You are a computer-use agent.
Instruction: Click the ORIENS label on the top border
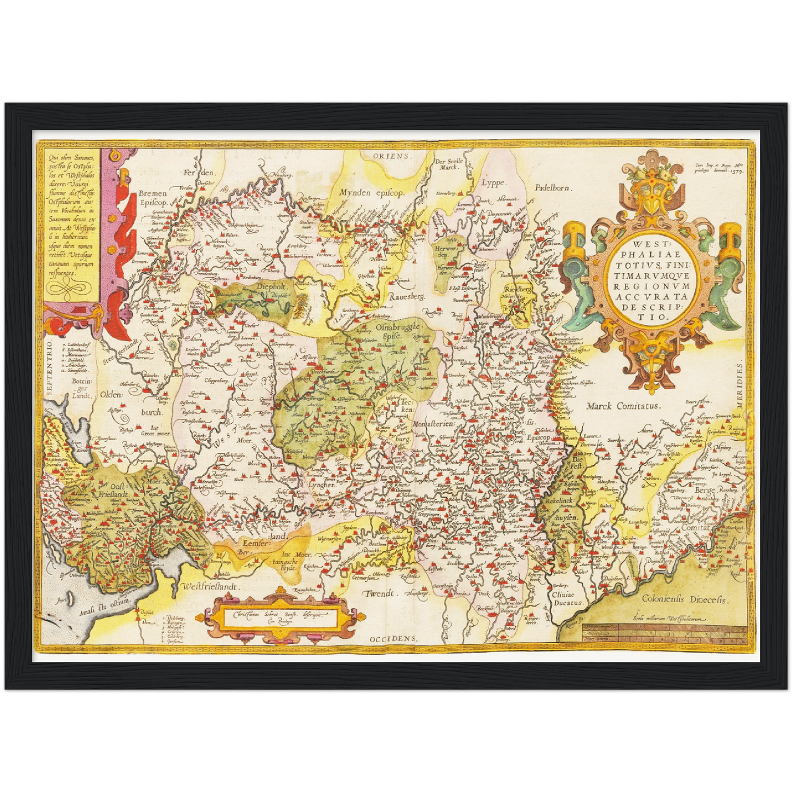[x=392, y=156]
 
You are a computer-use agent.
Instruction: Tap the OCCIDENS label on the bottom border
[x=393, y=639]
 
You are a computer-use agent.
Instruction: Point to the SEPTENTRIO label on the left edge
[x=49, y=368]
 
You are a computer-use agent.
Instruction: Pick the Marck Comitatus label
[x=623, y=407]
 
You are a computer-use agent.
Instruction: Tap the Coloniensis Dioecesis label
[x=684, y=600]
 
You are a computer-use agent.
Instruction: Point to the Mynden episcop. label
[x=371, y=193]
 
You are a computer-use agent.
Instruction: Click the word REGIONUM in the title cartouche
[x=653, y=286]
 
